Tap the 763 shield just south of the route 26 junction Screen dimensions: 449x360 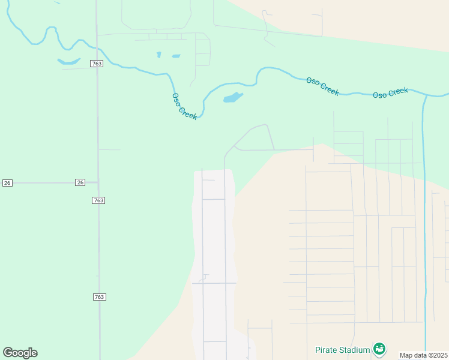tap(99, 200)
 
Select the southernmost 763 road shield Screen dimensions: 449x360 tap(99, 297)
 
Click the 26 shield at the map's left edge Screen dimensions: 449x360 tap(7, 182)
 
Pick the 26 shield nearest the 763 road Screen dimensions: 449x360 tap(80, 182)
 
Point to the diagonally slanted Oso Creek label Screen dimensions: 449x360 tap(184, 106)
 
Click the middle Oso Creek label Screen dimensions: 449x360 tap(322, 86)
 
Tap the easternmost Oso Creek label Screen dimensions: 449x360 tap(390, 93)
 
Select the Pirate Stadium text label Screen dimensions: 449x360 tap(343, 350)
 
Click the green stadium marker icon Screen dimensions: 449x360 tap(379, 348)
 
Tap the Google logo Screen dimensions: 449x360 tap(20, 352)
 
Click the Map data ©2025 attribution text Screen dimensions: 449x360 tap(423, 355)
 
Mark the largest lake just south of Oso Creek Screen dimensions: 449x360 tap(232, 97)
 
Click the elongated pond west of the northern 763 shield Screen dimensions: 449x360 tap(69, 61)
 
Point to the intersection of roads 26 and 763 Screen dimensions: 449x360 tap(98, 182)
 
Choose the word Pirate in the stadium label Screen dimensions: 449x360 tap(327, 350)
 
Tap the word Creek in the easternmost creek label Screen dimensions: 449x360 tap(398, 92)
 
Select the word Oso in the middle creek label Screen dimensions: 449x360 tap(313, 82)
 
